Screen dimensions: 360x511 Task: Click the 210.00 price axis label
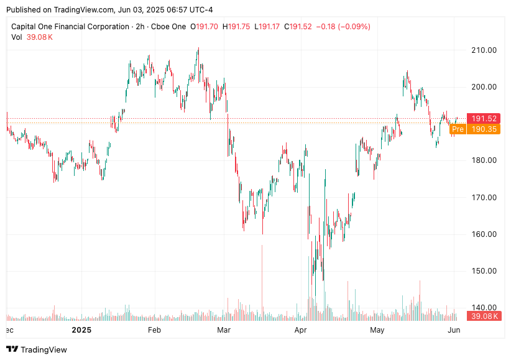tap(483, 50)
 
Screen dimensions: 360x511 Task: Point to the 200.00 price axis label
tap(483, 87)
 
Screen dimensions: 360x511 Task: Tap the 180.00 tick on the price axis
tap(483, 160)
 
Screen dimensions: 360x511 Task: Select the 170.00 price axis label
tap(483, 198)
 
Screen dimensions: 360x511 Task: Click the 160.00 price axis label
tap(483, 234)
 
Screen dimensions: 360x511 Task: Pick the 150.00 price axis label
tap(483, 271)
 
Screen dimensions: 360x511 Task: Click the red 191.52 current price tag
tap(483, 119)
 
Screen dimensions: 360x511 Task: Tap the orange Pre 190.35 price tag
tap(475, 129)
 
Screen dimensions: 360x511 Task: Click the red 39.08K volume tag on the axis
tap(483, 316)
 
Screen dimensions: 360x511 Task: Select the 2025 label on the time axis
tap(81, 330)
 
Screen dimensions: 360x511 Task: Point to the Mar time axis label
tap(224, 330)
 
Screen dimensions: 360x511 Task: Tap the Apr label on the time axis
tap(301, 330)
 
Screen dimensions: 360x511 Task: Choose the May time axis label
tap(377, 330)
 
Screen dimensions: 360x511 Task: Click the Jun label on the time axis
tap(454, 330)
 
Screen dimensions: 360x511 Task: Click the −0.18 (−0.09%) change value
tap(343, 27)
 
